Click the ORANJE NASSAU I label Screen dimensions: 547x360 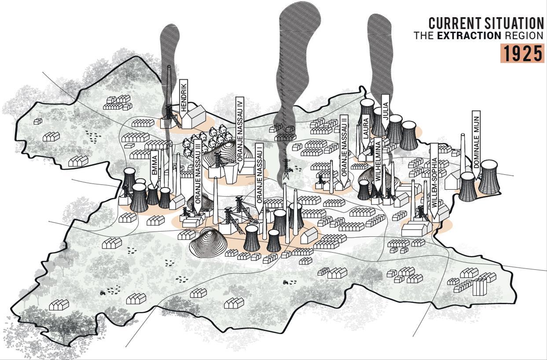[260, 174]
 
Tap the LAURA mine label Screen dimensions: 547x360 [366, 128]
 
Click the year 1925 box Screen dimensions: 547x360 [522, 54]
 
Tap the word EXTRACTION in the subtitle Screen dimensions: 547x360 [469, 36]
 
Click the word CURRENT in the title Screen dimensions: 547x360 [452, 23]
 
